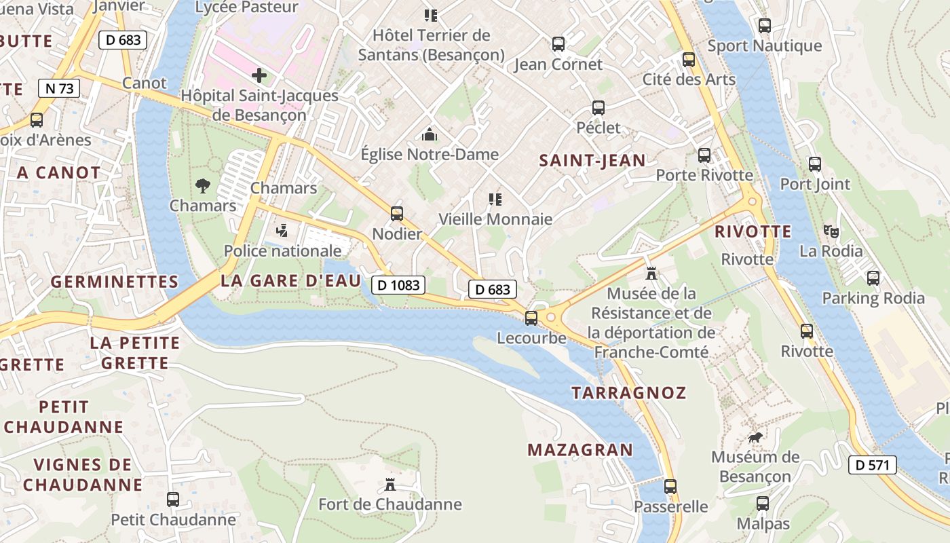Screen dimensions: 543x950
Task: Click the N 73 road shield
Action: pos(60,88)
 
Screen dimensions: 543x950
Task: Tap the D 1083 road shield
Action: pos(398,284)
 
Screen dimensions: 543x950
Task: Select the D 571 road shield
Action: pos(873,465)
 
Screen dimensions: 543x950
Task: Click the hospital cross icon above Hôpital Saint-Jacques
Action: pos(259,75)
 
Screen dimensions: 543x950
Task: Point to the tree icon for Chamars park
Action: pos(202,185)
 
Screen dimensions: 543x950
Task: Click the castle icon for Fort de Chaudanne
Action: pos(390,485)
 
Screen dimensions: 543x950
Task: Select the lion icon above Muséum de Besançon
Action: pos(755,437)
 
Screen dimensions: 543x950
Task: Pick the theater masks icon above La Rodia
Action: pos(831,231)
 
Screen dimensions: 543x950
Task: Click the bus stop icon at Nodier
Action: pos(397,214)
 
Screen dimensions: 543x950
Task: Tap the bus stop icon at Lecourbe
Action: pos(531,317)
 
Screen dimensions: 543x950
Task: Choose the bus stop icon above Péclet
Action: pos(598,107)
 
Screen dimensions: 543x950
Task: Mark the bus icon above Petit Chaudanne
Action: pos(173,500)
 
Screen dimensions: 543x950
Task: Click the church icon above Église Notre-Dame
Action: pos(429,134)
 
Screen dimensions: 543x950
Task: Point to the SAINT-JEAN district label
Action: pos(592,160)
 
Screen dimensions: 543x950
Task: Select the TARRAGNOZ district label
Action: pos(628,392)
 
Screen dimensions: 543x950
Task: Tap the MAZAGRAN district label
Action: pos(580,449)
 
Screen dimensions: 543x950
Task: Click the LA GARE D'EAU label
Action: pos(290,281)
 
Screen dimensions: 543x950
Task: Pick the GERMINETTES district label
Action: pos(115,282)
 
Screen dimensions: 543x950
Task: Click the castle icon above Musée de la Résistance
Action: pos(651,273)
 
